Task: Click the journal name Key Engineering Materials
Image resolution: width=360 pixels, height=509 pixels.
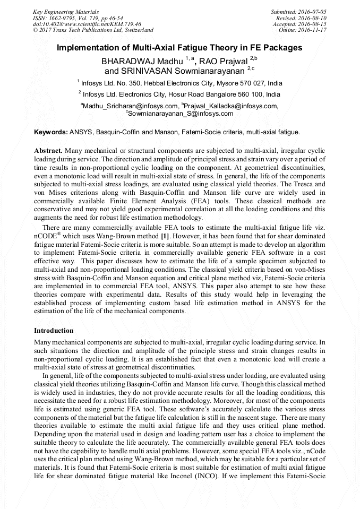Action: click(x=65, y=11)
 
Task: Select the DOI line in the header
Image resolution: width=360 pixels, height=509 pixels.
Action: click(x=87, y=24)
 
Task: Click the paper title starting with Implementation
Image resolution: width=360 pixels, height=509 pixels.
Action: click(x=179, y=48)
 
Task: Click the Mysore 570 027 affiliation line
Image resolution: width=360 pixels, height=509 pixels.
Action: click(x=179, y=83)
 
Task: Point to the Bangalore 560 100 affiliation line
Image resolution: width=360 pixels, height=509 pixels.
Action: click(x=179, y=94)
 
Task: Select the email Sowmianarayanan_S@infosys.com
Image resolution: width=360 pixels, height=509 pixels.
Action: click(x=180, y=113)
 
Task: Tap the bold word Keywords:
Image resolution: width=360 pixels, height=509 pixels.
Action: click(x=51, y=131)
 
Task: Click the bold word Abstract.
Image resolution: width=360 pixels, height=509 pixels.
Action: click(x=48, y=151)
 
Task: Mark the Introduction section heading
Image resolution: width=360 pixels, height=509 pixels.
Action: click(x=54, y=330)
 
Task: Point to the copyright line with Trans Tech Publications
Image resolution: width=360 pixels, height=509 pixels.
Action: click(x=93, y=30)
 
